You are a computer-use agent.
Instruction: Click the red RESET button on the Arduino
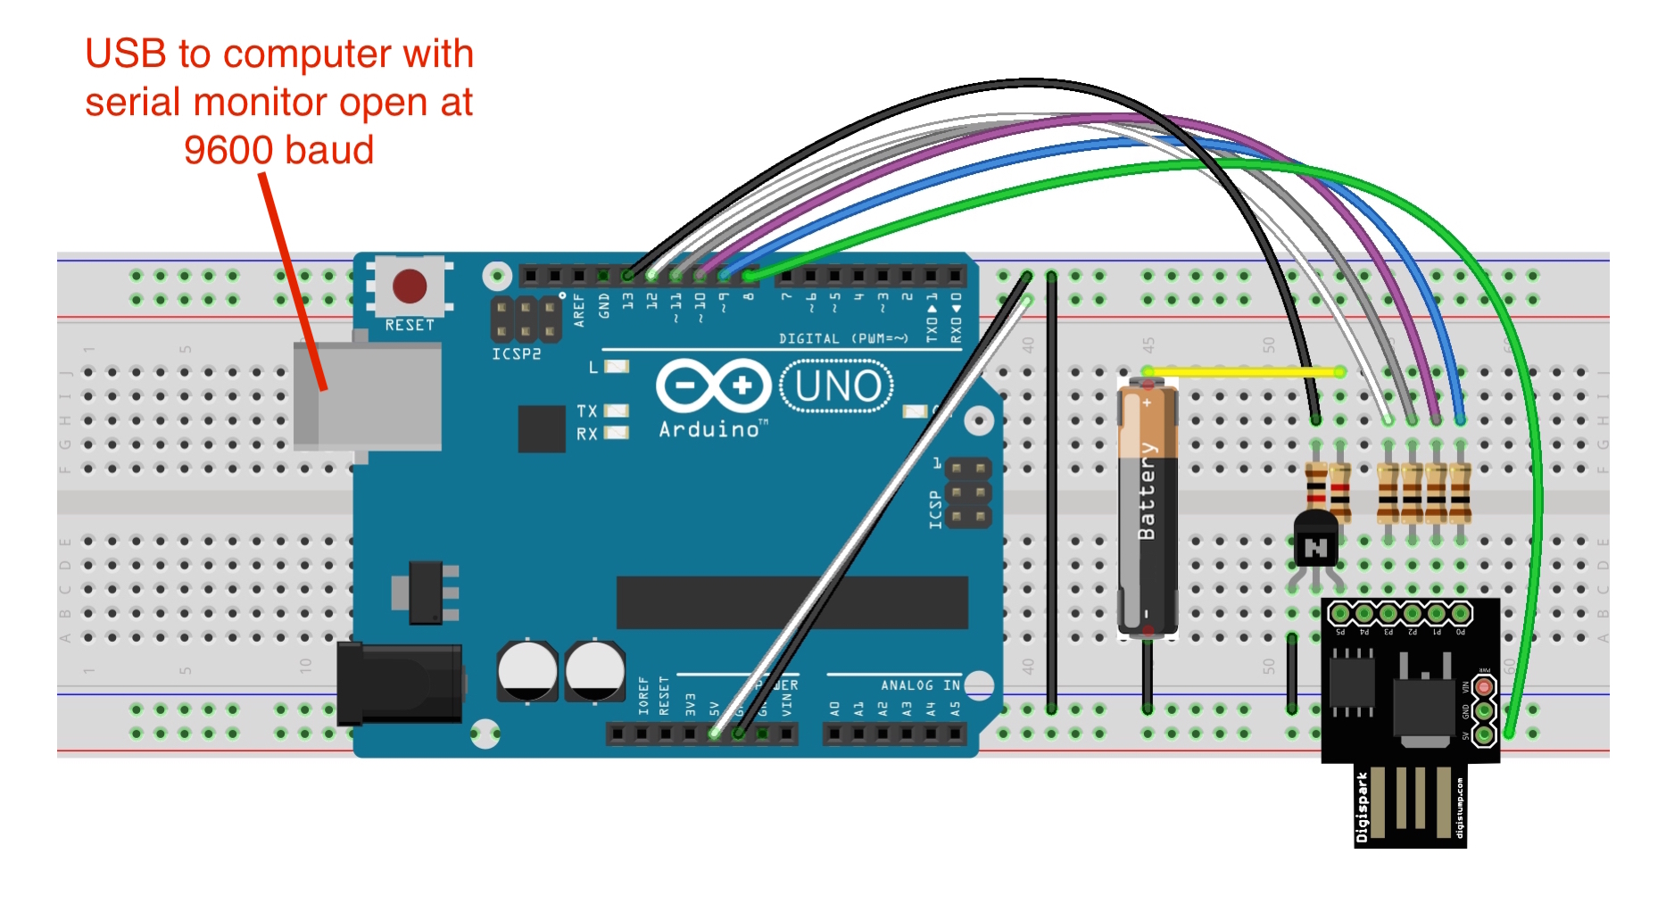tap(410, 286)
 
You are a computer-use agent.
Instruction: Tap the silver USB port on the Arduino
tap(368, 395)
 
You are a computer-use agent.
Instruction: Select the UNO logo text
tap(837, 386)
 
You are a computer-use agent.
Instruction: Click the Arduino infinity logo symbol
tap(713, 386)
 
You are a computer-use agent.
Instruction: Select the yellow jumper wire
tap(1243, 371)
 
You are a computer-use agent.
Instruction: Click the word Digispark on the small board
tap(1362, 808)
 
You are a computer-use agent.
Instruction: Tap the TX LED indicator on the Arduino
tap(617, 411)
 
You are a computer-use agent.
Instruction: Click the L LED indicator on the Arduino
tap(617, 367)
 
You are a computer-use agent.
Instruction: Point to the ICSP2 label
tap(517, 354)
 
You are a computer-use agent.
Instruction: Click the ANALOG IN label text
tap(920, 685)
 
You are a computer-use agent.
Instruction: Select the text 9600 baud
tap(278, 150)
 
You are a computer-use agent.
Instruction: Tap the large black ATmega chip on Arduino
tap(792, 602)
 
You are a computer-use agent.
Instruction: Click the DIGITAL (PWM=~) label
tap(843, 339)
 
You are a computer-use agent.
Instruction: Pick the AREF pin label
tap(579, 309)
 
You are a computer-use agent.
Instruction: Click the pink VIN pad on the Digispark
tap(1483, 687)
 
